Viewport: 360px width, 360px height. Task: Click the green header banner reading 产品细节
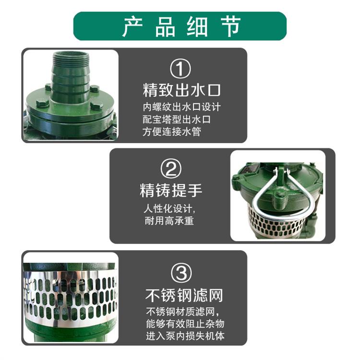pos(180,26)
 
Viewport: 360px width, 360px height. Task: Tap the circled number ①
pos(180,69)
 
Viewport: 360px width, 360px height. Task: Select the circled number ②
pos(171,169)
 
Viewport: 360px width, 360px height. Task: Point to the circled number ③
pos(181,273)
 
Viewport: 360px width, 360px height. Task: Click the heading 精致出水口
pos(181,90)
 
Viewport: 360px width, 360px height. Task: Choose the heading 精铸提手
pos(171,191)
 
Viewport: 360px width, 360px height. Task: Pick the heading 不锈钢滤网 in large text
pos(184,295)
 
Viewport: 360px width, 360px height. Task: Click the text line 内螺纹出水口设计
pos(181,107)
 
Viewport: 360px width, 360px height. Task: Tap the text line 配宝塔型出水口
pos(176,120)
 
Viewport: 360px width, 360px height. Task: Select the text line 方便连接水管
pos(171,132)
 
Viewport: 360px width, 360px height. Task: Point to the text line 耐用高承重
pos(169,221)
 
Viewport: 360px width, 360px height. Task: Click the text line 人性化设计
pos(169,208)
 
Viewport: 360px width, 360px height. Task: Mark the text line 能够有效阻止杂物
pos(185,324)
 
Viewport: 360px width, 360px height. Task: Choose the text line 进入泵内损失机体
pos(185,336)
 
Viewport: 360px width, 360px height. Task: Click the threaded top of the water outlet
pos(71,60)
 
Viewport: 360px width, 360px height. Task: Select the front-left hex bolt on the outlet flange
pos(43,104)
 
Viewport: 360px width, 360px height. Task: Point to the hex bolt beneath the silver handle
pos(280,196)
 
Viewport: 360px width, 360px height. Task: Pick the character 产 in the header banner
pos(132,26)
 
